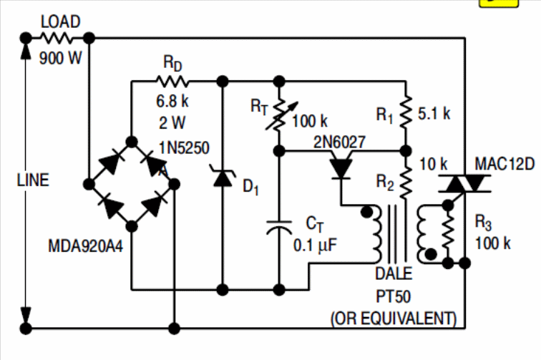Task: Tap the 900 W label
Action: (x=61, y=59)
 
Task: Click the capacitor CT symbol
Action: (x=278, y=229)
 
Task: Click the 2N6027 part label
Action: (x=339, y=142)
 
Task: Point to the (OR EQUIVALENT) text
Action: (x=393, y=316)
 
